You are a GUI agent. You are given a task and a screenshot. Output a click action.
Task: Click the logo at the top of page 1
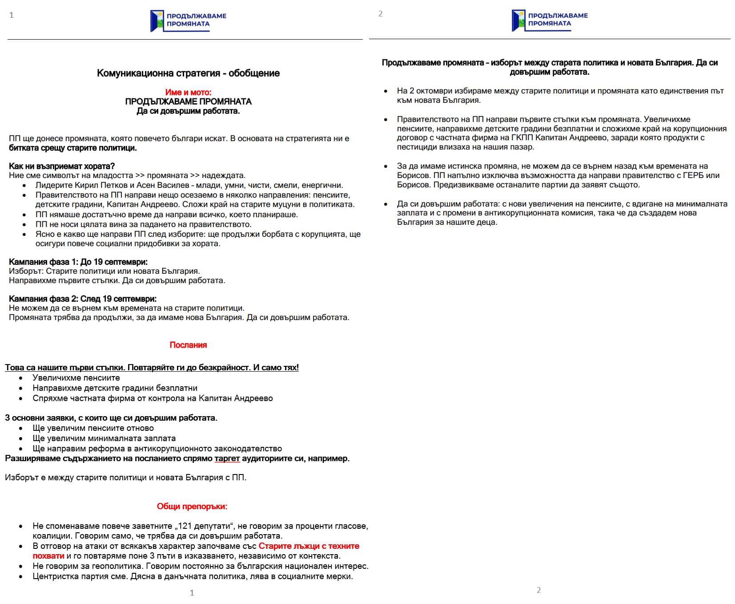pyautogui.click(x=188, y=21)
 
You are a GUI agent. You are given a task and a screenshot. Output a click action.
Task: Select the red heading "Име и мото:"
pyautogui.click(x=188, y=92)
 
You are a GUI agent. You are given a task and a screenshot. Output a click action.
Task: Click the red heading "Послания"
pyautogui.click(x=188, y=345)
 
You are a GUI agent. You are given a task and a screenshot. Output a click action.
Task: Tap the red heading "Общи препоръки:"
pyautogui.click(x=192, y=507)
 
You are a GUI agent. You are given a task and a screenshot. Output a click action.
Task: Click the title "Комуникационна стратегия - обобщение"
pyautogui.click(x=188, y=73)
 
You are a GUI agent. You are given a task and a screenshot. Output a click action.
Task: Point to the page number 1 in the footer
pyautogui.click(x=192, y=593)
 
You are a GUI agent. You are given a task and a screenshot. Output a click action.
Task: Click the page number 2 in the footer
pyautogui.click(x=538, y=590)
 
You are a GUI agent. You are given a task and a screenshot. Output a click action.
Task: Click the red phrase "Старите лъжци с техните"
pyautogui.click(x=309, y=546)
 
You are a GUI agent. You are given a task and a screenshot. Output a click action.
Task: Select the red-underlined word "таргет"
pyautogui.click(x=227, y=458)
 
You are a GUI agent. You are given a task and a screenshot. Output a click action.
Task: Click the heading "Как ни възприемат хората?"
pyautogui.click(x=62, y=166)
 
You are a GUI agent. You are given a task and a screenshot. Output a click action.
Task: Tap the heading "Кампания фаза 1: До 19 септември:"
pyautogui.click(x=78, y=262)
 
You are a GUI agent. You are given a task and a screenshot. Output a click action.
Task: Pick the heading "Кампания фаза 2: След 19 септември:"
pyautogui.click(x=83, y=299)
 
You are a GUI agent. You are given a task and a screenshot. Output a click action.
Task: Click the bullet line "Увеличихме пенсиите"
pyautogui.click(x=76, y=378)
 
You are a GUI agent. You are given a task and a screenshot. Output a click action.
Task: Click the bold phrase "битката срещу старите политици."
pyautogui.click(x=73, y=148)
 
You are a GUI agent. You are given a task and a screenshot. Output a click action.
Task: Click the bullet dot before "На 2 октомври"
pyautogui.click(x=386, y=91)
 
